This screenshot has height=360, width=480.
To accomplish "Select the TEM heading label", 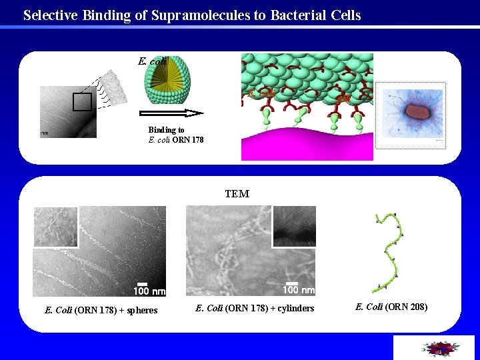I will [237, 194].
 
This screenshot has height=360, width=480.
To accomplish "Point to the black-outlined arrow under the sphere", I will [171, 113].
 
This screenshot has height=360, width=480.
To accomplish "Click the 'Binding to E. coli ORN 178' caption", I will [176, 135].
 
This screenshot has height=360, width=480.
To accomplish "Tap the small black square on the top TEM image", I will [82, 102].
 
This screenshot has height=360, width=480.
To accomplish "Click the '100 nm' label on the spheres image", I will [149, 291].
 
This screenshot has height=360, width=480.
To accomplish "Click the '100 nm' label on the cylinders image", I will [298, 290].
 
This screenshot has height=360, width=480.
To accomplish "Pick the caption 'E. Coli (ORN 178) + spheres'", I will [101, 310].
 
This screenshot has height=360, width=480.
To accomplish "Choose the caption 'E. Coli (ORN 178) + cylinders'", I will [255, 308].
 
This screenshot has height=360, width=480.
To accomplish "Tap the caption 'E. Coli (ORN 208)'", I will [391, 307].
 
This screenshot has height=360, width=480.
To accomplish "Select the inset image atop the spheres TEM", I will [56, 227].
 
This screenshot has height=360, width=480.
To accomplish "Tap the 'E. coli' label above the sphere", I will [152, 61].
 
